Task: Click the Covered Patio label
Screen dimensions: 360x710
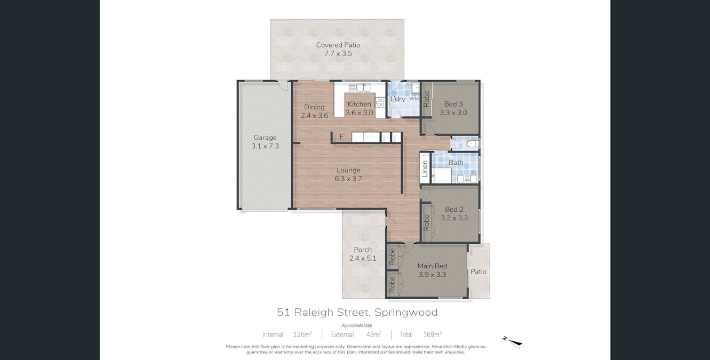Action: [x=338, y=45]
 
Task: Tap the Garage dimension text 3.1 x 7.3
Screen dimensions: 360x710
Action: [x=265, y=146]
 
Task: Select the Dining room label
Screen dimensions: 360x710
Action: [x=314, y=107]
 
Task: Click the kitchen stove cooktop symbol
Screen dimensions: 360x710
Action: [x=380, y=102]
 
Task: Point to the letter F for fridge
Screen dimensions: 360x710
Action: [x=341, y=137]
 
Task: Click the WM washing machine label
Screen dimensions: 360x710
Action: [x=414, y=99]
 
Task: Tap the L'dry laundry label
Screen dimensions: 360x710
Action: [x=397, y=99]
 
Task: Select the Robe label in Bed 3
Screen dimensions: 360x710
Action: [x=426, y=99]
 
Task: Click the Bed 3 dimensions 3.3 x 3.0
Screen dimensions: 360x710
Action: [x=453, y=113]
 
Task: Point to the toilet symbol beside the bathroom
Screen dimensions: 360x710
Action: [x=472, y=143]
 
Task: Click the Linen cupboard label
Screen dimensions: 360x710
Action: [x=425, y=169]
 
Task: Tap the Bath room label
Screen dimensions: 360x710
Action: [x=456, y=163]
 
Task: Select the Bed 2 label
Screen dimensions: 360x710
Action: [x=454, y=210]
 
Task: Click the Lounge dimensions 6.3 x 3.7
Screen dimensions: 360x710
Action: [x=348, y=179]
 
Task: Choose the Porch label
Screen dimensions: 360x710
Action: [x=363, y=250]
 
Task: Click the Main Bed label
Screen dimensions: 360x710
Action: [x=432, y=266]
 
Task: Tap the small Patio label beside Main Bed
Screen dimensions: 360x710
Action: [x=478, y=271]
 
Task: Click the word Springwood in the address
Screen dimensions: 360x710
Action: [x=406, y=313]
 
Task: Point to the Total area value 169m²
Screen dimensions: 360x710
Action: [x=432, y=334]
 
